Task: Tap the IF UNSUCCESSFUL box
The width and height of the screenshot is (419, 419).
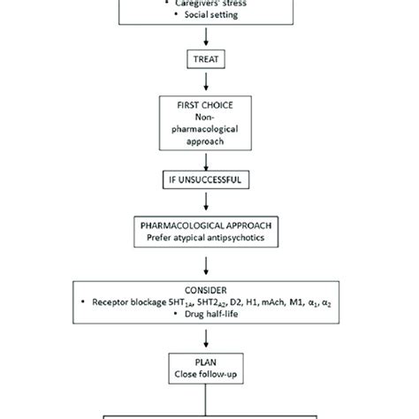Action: (206, 179)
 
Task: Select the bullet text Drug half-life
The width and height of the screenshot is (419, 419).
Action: (211, 314)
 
